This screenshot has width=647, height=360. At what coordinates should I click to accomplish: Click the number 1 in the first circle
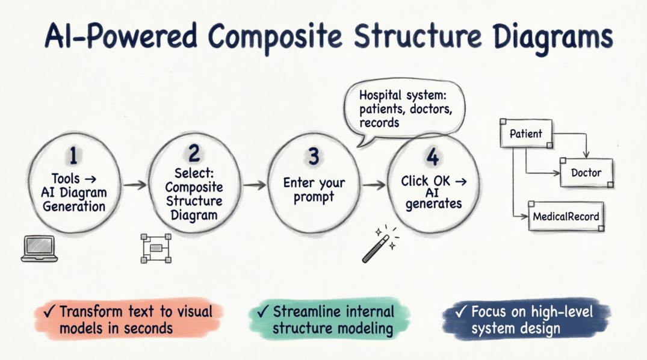tap(73, 156)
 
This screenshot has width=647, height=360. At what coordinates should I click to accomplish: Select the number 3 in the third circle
tap(313, 157)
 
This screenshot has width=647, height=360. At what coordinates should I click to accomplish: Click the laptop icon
tap(39, 249)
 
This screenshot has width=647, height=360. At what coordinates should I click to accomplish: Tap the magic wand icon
tap(377, 245)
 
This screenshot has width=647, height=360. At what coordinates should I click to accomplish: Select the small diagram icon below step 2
tap(156, 248)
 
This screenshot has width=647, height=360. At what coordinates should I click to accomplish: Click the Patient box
tap(525, 134)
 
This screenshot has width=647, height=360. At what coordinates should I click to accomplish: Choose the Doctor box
tap(586, 173)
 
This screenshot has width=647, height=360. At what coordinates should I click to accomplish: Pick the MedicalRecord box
tap(566, 216)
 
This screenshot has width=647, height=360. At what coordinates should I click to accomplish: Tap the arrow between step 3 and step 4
tap(374, 185)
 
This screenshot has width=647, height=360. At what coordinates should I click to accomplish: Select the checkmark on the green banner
tap(262, 312)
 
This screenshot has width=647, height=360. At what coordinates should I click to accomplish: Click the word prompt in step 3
tap(314, 197)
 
